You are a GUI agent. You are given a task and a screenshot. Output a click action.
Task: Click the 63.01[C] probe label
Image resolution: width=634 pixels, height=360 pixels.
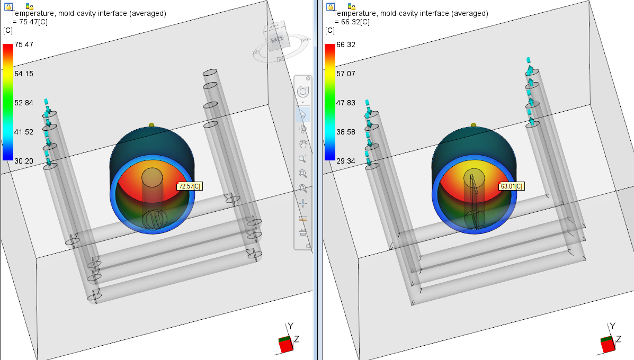pyautogui.click(x=511, y=186)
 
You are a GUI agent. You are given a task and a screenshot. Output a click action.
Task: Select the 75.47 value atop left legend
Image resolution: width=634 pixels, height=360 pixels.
pyautogui.click(x=24, y=45)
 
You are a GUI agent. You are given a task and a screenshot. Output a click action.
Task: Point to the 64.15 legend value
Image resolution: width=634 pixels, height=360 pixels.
pyautogui.click(x=24, y=74)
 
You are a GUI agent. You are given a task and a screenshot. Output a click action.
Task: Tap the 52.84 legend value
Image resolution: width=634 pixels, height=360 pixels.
pyautogui.click(x=24, y=103)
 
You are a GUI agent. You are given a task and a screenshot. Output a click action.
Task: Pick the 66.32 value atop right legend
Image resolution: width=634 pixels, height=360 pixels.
pyautogui.click(x=346, y=45)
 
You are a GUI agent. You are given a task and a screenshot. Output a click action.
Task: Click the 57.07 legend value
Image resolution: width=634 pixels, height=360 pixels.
pyautogui.click(x=346, y=74)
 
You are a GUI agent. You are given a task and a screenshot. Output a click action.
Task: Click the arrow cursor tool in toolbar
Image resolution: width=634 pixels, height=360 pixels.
pyautogui.click(x=303, y=113)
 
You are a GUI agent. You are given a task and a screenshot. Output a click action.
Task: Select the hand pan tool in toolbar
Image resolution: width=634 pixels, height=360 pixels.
pyautogui.click(x=303, y=143)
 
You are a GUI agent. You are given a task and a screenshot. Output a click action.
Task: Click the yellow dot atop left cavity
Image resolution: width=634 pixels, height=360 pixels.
pyautogui.click(x=152, y=125)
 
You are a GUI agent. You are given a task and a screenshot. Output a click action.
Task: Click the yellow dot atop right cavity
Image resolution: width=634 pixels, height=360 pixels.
pyautogui.click(x=474, y=125)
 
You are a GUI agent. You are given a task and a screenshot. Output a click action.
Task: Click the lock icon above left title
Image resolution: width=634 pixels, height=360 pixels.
pyautogui.click(x=8, y=6)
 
